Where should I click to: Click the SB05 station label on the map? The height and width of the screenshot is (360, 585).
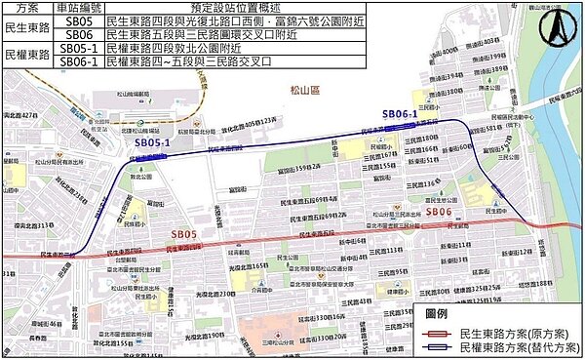coord(185,235)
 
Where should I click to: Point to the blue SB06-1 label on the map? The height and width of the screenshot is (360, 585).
coord(400,114)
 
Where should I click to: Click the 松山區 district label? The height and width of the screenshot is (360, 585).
coord(305,89)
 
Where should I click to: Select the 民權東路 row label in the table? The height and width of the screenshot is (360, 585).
coord(26,54)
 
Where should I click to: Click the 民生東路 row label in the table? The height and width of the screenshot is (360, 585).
coord(26,26)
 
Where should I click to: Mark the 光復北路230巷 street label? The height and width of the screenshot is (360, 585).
coord(213,294)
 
